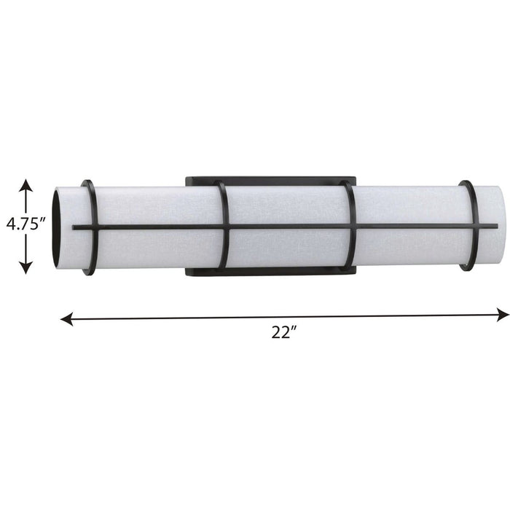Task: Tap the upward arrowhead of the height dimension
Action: pyautogui.click(x=26, y=184)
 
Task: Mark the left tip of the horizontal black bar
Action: pyautogui.click(x=74, y=227)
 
